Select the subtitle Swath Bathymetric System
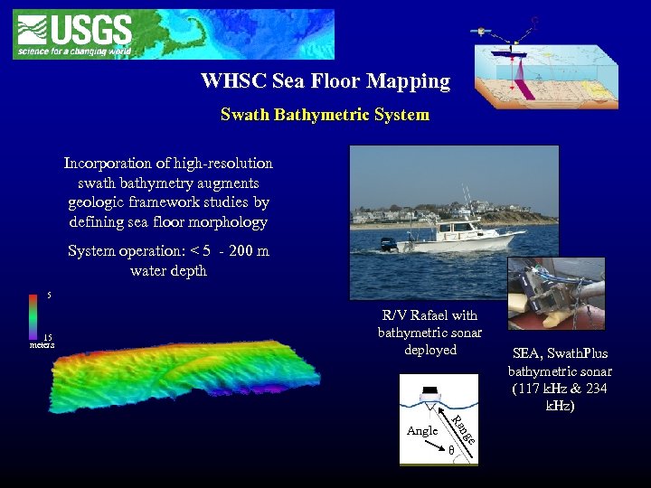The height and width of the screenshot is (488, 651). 325,116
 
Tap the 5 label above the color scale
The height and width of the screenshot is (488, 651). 50,296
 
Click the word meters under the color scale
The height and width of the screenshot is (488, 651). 41,345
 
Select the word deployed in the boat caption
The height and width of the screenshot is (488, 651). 430,350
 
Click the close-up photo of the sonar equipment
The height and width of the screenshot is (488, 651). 555,294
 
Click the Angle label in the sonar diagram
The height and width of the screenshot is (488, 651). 422,431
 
